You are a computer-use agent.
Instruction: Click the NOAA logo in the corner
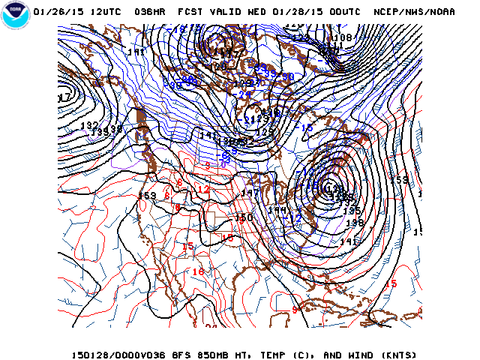(14, 16)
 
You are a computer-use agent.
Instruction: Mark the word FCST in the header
(189, 13)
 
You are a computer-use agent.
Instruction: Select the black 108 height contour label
(343, 37)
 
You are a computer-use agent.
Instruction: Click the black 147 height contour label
(249, 193)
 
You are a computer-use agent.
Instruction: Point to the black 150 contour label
(244, 217)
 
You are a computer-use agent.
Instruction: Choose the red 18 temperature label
(198, 272)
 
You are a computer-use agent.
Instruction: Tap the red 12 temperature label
(202, 190)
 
